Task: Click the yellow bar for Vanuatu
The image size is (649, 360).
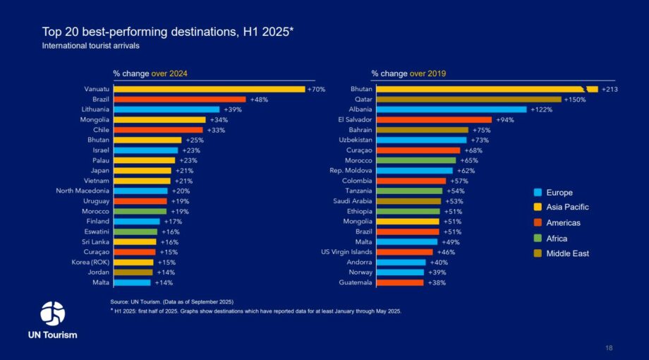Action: [209, 90]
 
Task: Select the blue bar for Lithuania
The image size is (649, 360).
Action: [166, 109]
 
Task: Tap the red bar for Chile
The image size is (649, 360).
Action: [158, 130]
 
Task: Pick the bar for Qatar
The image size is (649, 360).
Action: [468, 100]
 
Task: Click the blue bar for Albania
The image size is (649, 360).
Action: [451, 109]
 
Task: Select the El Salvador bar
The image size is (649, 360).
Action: [434, 120]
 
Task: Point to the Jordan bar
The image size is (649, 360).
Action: [133, 272]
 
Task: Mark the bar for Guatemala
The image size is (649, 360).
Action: [400, 282]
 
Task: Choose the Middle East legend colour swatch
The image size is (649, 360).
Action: [538, 253]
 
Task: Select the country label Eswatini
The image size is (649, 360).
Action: [95, 232]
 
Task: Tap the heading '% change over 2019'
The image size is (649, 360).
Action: [408, 73]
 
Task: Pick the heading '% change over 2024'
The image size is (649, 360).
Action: [150, 73]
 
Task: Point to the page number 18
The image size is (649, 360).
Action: [609, 348]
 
